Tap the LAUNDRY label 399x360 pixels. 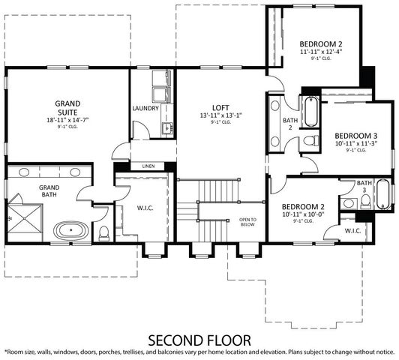coord(145,108)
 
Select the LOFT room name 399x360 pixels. coord(220,107)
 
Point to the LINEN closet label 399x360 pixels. coord(147,166)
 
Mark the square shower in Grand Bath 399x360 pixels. coord(22,214)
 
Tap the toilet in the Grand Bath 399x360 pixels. coord(105,231)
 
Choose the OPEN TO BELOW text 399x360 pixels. coord(248,222)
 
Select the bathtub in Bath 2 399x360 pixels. coord(310,111)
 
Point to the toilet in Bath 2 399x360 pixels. coord(311,142)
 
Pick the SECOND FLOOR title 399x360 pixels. coord(199,339)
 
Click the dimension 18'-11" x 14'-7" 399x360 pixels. coord(68,119)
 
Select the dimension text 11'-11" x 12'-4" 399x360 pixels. coord(321,52)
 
